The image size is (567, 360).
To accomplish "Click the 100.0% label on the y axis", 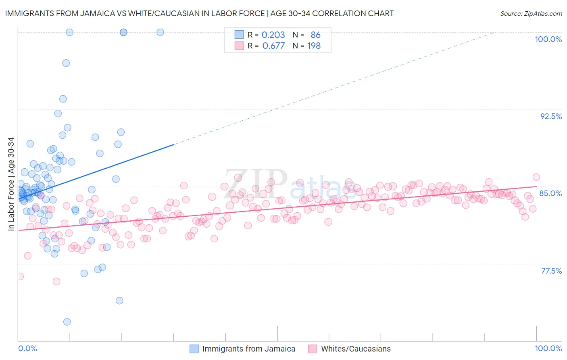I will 548,39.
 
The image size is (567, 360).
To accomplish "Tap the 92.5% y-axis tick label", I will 551,116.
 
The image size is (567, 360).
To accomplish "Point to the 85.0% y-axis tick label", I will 550,193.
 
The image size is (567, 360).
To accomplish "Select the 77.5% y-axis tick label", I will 551,271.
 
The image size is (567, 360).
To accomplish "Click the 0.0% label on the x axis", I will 27,348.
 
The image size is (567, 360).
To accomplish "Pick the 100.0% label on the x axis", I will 548,348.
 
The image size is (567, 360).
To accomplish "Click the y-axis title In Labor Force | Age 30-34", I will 11,184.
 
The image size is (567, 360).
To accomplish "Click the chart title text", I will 199,13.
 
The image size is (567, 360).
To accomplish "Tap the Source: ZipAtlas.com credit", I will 531,14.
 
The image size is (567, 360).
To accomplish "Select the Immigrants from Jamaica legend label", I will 248,349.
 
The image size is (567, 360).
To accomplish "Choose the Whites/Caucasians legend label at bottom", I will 356,349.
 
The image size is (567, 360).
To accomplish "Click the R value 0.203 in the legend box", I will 273,35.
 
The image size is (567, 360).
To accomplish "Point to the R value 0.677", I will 273,46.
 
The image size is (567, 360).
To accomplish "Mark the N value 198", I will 314,46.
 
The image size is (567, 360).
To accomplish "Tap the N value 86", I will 315,35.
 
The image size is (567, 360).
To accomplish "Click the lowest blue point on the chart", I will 67,322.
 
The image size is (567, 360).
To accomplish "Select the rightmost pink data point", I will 536,177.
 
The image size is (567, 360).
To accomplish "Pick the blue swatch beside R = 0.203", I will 239,35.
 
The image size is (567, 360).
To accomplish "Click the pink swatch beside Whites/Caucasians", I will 312,349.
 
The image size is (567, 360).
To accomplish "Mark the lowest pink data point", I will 56,281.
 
